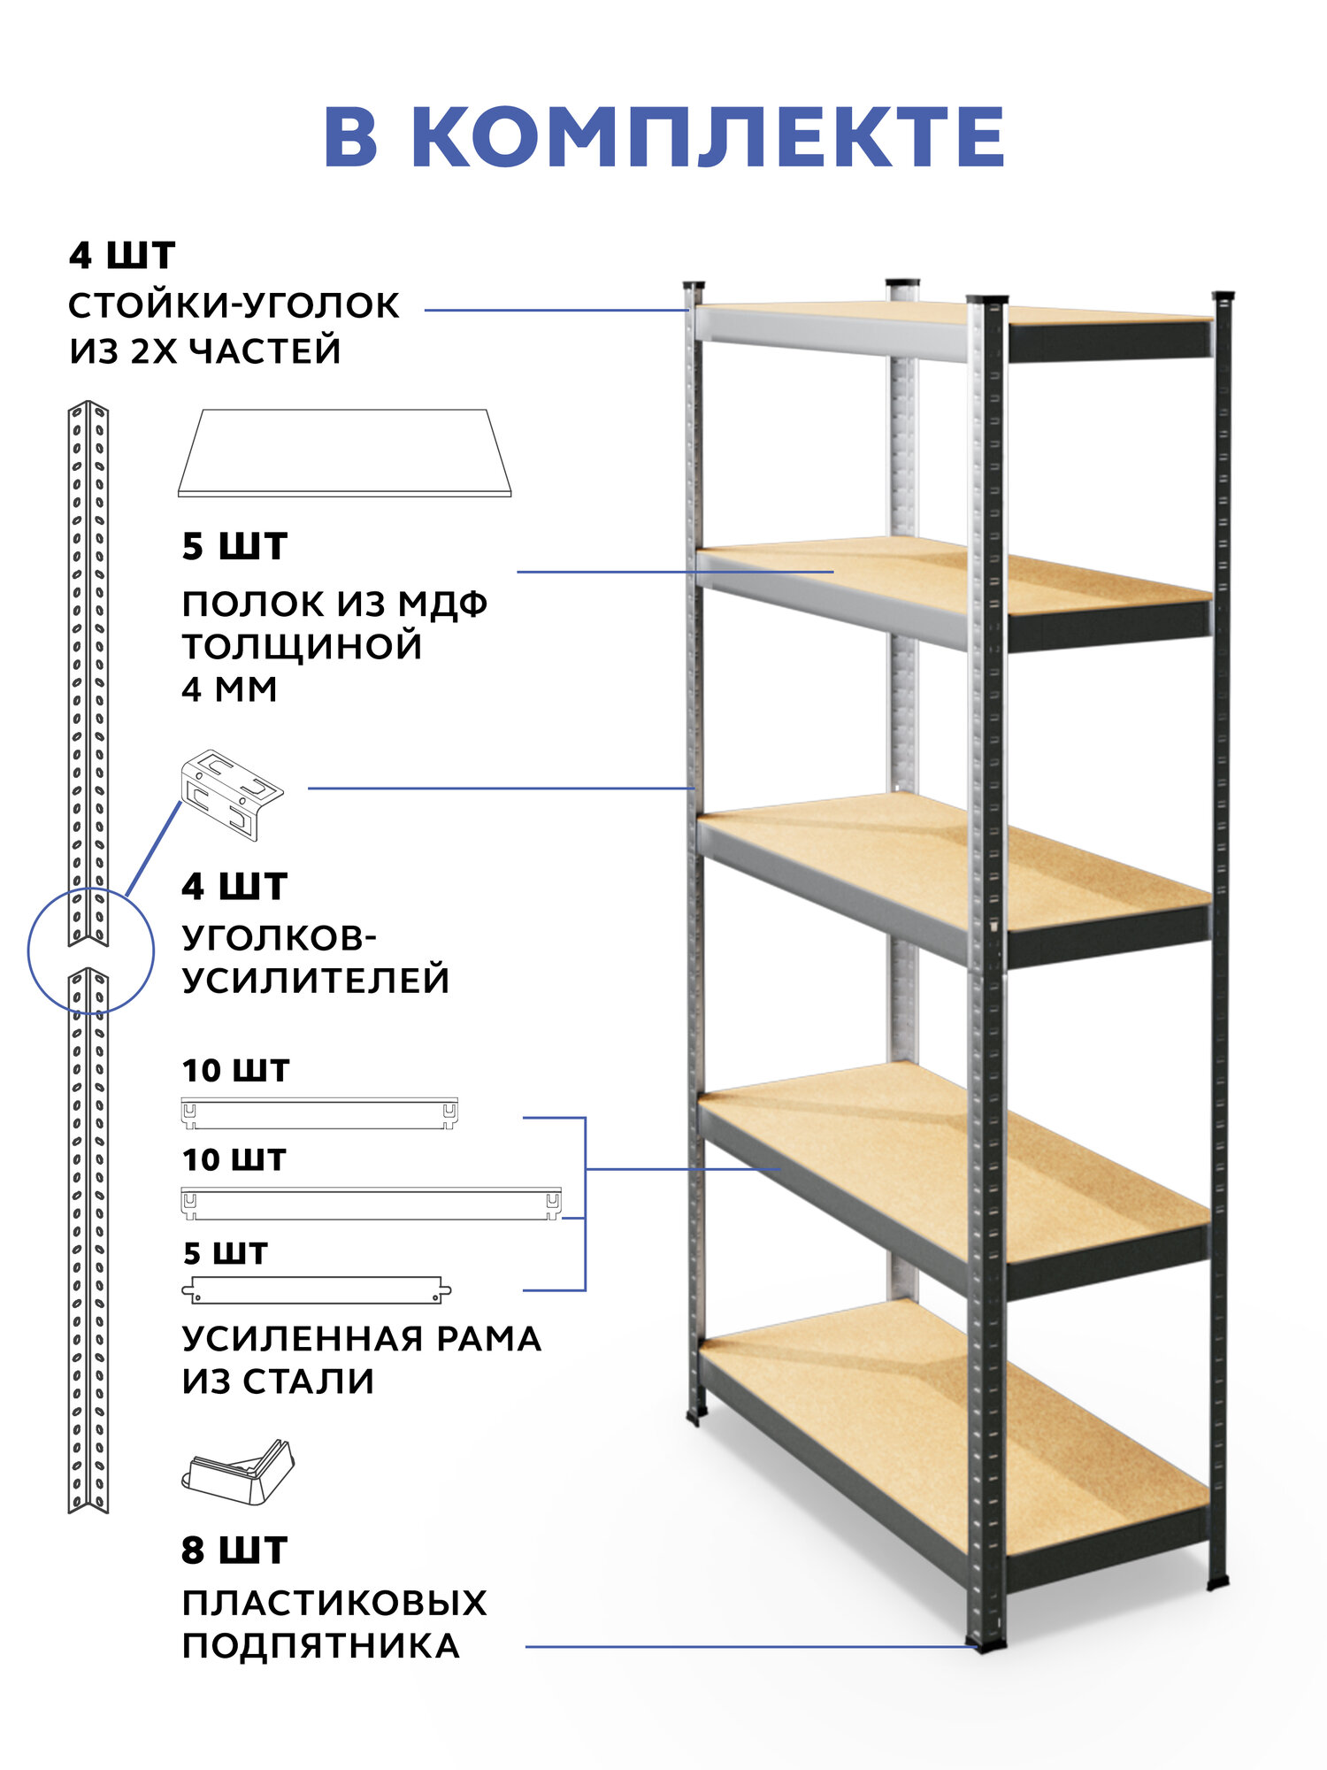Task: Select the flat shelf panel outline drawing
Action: [x=345, y=453]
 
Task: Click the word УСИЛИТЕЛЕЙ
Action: [x=316, y=981]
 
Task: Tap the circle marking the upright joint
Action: [x=90, y=950]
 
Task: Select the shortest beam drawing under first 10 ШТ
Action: [x=319, y=1113]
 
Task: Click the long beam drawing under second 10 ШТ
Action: [x=371, y=1204]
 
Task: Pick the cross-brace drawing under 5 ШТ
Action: [x=317, y=1290]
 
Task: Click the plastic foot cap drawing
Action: [x=238, y=1473]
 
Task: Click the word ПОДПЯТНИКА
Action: [x=320, y=1646]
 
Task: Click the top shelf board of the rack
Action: [x=955, y=313]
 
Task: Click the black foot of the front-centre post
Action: [x=987, y=1644]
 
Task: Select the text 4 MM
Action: [x=229, y=689]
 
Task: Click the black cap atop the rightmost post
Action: [x=1223, y=296]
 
